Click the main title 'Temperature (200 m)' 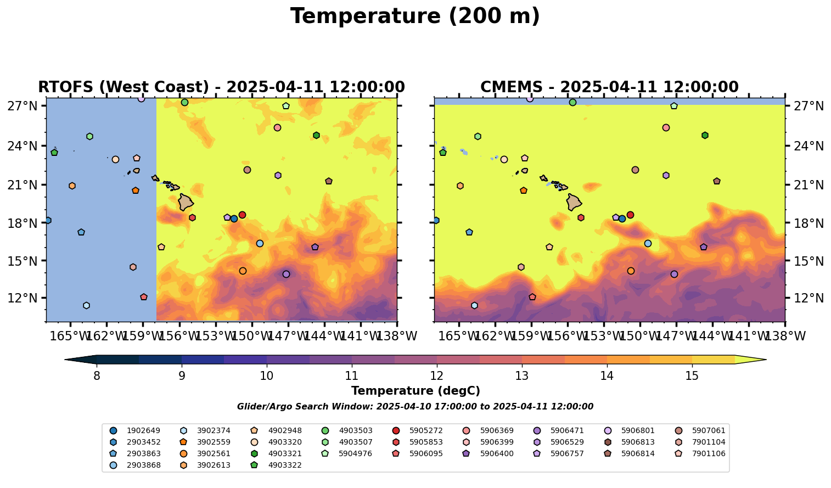click(x=415, y=16)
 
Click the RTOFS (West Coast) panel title click(x=221, y=87)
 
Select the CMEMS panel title click(x=609, y=87)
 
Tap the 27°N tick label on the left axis click(x=23, y=106)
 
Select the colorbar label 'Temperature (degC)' click(x=416, y=391)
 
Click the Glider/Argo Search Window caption click(x=415, y=407)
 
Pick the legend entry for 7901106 click(x=709, y=453)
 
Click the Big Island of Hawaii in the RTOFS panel click(x=186, y=202)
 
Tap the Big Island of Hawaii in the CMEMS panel click(x=574, y=202)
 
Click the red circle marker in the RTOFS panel click(x=242, y=215)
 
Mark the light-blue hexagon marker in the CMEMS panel click(x=474, y=305)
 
